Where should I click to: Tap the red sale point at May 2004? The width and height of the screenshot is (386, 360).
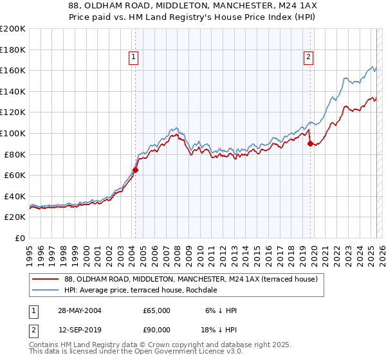tap(136, 170)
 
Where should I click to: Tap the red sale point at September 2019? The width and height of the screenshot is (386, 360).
tap(310, 144)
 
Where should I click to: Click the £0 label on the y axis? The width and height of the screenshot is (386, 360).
tap(21, 238)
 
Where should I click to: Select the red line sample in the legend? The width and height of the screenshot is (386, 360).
tap(45, 279)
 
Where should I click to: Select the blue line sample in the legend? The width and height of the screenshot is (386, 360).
tap(45, 290)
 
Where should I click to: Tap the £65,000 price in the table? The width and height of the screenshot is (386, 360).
tap(156, 310)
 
